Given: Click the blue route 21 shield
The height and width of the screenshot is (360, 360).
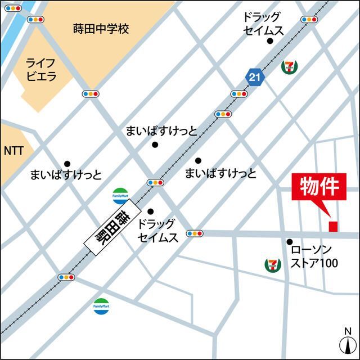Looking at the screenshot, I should pos(255,78).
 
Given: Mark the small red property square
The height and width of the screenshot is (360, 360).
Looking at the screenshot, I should pos(333,226).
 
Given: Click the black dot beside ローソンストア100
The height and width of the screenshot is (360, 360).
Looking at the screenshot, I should pos(290,242).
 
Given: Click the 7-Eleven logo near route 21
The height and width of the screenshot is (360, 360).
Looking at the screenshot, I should pos(290,66).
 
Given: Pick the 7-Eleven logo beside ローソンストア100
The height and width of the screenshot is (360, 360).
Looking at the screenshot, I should pos(273,264).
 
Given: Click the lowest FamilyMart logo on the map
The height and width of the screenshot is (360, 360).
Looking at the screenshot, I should pos(101,306).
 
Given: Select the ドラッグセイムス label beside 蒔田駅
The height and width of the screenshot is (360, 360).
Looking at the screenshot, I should pos(158,231).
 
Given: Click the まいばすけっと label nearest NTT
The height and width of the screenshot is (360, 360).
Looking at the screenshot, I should pos(66,175).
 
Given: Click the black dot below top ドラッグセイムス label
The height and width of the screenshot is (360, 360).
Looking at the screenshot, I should pos(270,40).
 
